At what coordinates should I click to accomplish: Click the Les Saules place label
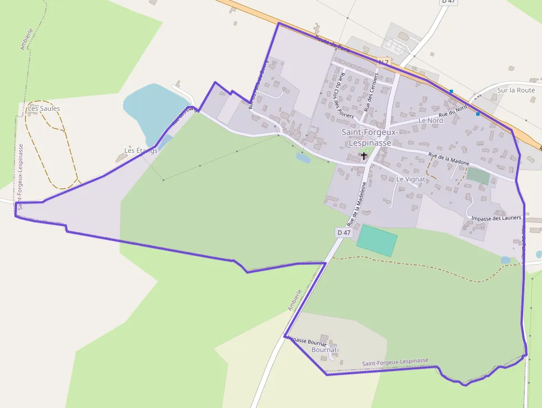(44, 109)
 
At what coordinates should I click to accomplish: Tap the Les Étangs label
(140, 150)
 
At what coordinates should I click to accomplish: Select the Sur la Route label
(515, 90)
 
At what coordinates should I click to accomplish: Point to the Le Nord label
(430, 120)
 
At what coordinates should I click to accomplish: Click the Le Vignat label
(410, 179)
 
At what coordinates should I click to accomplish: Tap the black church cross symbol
(363, 156)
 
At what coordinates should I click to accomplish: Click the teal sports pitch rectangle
(377, 240)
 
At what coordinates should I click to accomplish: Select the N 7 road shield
(383, 61)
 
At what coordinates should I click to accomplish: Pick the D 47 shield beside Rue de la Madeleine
(344, 233)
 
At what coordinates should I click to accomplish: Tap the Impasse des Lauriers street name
(496, 218)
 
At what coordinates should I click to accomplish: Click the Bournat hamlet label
(324, 350)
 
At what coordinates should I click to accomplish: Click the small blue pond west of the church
(303, 157)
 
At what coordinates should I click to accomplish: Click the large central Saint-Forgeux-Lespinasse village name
(366, 137)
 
